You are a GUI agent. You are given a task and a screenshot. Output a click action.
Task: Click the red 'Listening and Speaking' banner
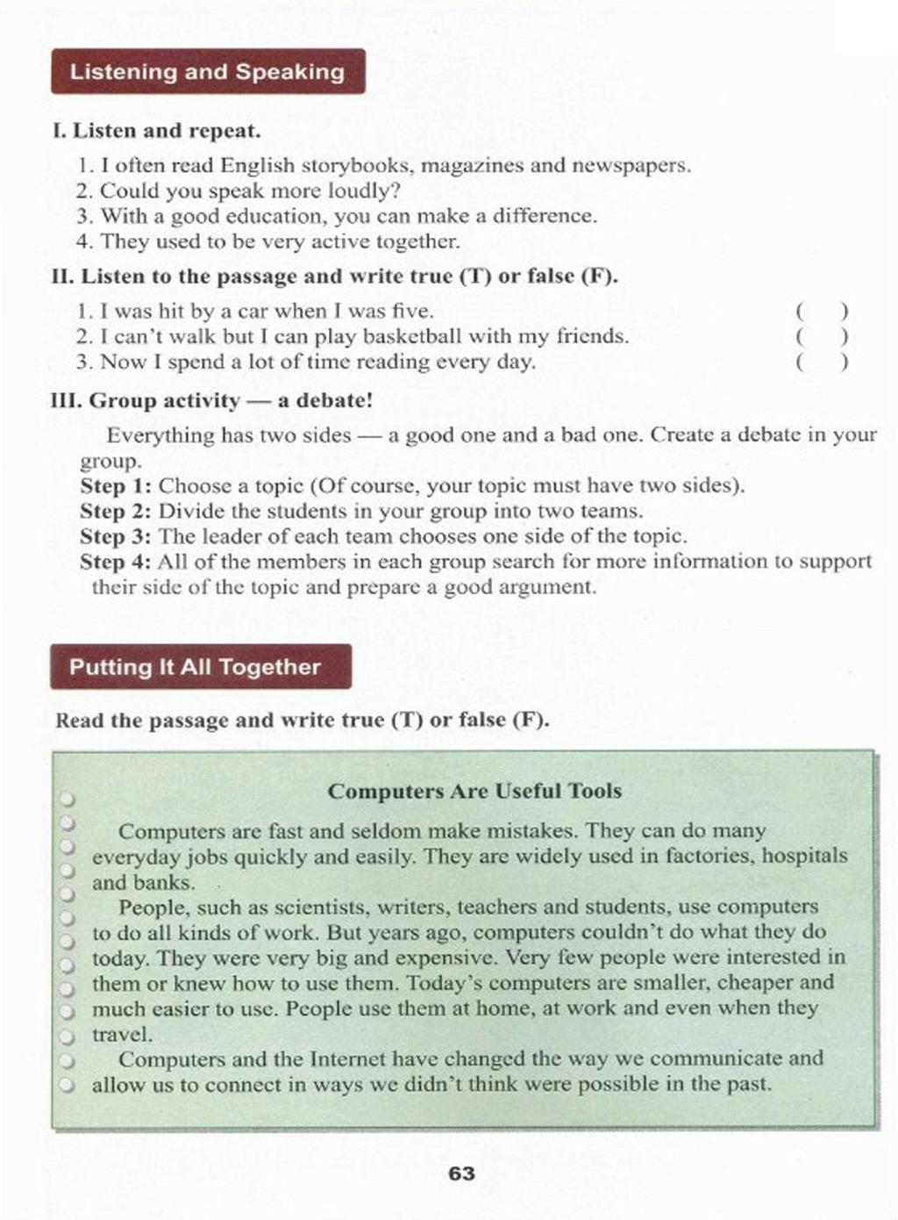point(208,72)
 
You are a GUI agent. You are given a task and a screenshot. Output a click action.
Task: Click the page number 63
point(461,1173)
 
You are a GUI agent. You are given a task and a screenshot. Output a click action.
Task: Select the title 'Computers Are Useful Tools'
point(474,791)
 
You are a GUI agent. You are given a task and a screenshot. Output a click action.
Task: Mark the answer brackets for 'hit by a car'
point(822,311)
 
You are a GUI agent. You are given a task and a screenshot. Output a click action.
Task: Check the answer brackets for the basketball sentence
point(822,336)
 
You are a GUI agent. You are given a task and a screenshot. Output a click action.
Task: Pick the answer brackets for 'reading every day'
point(822,362)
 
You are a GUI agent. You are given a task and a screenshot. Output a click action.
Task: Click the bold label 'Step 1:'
point(117,485)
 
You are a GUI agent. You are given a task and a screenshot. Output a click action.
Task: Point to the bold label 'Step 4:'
point(117,562)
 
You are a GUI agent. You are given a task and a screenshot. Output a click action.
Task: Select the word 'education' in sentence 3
point(273,216)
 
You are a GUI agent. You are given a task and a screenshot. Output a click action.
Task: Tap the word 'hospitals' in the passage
point(804,856)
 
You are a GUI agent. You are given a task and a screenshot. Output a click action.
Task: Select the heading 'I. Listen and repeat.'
point(157,132)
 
